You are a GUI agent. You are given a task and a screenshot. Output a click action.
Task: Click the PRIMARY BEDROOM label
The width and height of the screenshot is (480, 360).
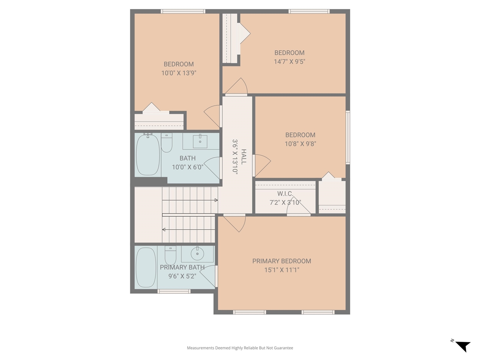coord(281,261)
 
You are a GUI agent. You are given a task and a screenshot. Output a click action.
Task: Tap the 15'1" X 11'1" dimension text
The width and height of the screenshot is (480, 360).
coord(281,270)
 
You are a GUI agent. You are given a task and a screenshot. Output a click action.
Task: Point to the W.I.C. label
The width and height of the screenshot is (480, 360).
coord(285,193)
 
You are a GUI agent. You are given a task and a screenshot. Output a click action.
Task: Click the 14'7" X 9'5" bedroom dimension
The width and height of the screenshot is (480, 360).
coord(289,61)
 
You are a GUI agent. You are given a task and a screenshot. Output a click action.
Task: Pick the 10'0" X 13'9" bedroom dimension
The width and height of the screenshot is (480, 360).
coord(179,73)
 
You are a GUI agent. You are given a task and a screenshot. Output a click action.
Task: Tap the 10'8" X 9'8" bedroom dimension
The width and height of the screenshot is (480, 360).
coord(300,144)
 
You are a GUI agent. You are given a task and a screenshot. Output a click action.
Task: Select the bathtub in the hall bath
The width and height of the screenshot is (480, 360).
coord(147,154)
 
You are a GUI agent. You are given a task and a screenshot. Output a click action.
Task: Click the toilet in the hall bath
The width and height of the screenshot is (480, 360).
coord(166,142)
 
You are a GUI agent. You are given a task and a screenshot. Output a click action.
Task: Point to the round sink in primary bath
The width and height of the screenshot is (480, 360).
coord(197,254)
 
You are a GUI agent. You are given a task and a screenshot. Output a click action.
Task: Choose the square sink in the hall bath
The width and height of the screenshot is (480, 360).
coord(200,141)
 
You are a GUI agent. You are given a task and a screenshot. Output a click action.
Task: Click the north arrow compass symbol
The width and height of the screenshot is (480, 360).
coord(463,346)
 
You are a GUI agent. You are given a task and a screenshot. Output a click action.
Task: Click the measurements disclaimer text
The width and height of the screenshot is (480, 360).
coord(240,348)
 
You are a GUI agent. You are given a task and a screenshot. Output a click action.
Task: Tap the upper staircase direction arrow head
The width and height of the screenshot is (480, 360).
coord(216,200)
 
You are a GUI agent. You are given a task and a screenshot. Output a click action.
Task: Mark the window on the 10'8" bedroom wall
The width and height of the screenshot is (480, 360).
coord(348,137)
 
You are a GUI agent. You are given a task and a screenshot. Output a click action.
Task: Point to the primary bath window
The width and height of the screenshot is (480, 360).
coord(174,291)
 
